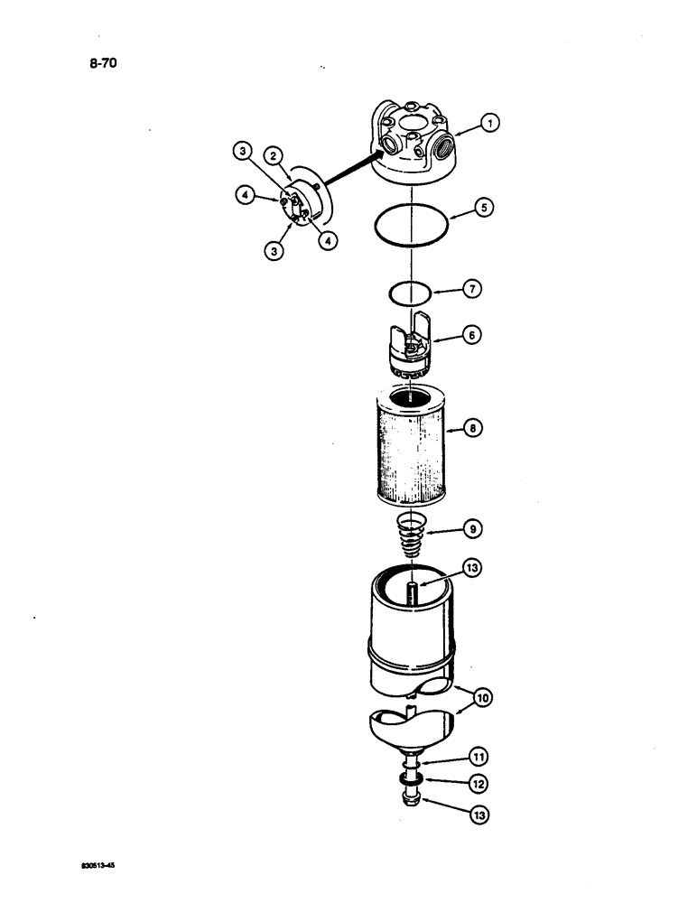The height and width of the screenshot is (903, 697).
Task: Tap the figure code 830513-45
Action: point(99,863)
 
